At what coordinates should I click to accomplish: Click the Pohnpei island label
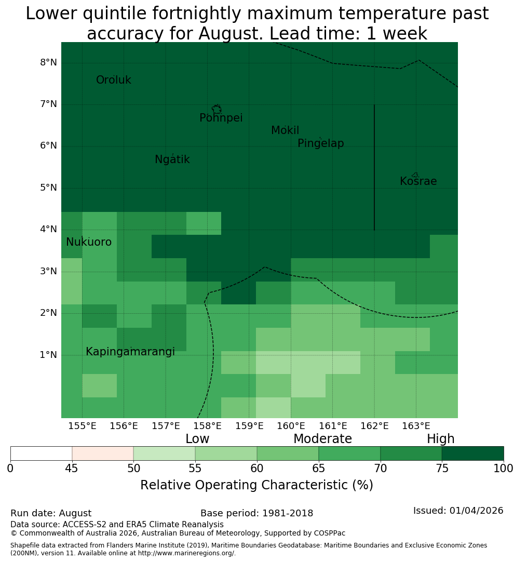pos(221,118)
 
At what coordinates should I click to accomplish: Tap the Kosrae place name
pos(418,181)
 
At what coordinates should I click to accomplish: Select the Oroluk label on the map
pos(113,80)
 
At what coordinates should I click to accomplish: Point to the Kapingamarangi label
pos(130,352)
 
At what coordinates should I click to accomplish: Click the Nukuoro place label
pos(89,242)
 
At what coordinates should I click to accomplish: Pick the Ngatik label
pos(172,159)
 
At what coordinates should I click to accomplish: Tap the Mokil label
pos(285,130)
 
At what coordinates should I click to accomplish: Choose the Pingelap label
pos(320,143)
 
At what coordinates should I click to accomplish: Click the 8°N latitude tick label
pos(48,63)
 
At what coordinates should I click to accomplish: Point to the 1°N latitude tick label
pos(48,355)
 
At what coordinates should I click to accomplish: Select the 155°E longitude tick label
pos(82,426)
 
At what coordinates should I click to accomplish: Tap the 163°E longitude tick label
pos(416,426)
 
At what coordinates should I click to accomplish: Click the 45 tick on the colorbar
pos(72,469)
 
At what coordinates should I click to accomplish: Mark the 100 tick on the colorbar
pos(503,469)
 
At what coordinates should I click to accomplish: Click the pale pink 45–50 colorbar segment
pos(103,453)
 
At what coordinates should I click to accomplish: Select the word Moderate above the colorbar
pos(322,438)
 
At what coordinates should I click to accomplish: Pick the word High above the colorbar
pos(440,438)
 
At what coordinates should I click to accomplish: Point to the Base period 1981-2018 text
pos(256,513)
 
